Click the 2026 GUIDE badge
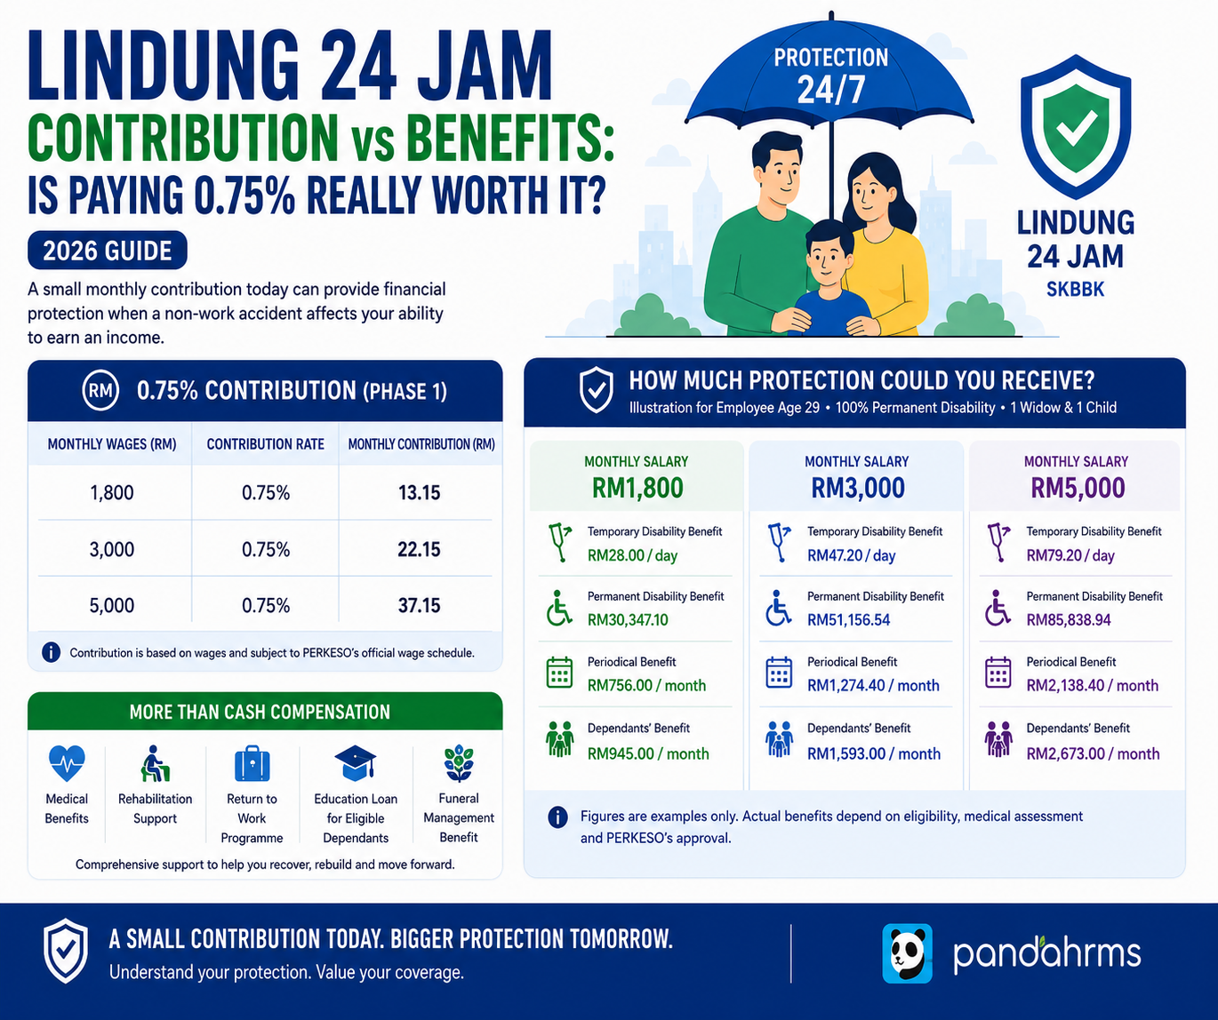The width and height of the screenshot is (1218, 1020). coord(108,251)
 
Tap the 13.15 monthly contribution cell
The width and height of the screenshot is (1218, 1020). coord(419,493)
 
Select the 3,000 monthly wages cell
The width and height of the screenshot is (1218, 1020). coord(111,549)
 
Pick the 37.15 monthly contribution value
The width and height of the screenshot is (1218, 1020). coord(419,606)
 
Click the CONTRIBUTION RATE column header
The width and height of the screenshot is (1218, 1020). coord(266,444)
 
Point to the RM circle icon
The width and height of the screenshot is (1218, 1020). coord(100,391)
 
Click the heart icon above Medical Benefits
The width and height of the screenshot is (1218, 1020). coord(67,763)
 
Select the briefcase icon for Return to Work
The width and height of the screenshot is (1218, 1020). coord(252,763)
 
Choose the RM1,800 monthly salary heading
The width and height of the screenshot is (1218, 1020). coord(637,488)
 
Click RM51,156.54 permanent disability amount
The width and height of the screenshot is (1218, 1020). coord(849,620)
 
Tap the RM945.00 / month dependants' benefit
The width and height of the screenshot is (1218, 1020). coord(648,753)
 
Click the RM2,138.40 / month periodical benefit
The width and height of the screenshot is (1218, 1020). coord(1093,685)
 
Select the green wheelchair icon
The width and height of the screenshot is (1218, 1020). coord(559,608)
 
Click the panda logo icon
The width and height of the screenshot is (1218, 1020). coord(907,953)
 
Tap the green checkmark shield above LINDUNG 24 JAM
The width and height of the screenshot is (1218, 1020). coord(1076,127)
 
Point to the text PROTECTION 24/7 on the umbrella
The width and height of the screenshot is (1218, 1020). coord(830,76)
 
